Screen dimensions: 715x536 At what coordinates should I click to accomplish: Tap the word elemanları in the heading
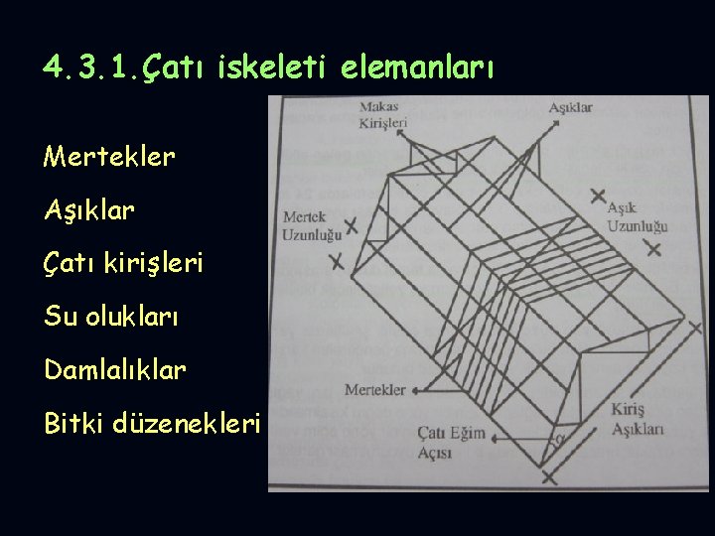pos(416,67)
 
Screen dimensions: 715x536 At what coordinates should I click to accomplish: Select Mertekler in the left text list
pos(109,157)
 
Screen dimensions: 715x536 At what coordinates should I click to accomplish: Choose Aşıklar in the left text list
pos(89,210)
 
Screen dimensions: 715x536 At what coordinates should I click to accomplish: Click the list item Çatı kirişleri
pos(123,264)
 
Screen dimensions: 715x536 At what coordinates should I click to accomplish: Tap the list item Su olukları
pos(111,317)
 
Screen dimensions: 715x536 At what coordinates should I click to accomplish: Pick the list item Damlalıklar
pos(115,370)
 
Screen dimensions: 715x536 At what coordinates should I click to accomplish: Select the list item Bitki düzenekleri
pos(152,424)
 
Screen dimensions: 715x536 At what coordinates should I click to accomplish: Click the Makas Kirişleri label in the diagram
pos(382,114)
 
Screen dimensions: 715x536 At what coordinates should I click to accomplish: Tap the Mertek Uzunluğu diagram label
pos(312,225)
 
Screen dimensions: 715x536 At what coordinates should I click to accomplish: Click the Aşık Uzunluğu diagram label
pos(637,217)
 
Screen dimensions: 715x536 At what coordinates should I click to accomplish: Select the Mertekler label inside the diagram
pos(374,390)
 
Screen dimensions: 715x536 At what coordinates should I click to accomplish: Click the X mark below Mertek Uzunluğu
pos(337,263)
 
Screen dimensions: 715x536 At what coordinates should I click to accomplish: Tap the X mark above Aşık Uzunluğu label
pos(597,195)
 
